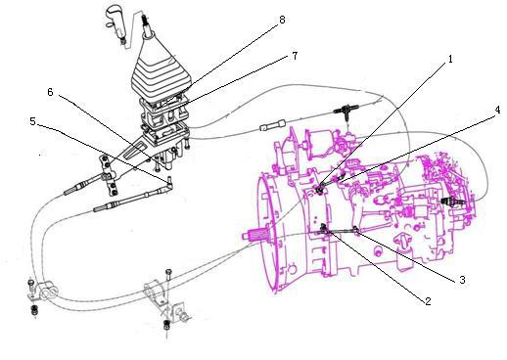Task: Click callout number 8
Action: pyautogui.click(x=282, y=20)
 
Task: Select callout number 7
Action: pyautogui.click(x=295, y=56)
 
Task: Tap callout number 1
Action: pyautogui.click(x=451, y=60)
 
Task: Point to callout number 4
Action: pyautogui.click(x=497, y=110)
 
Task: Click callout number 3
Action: pyautogui.click(x=462, y=280)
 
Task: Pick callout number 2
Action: pyautogui.click(x=428, y=301)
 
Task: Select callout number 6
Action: pyautogui.click(x=50, y=92)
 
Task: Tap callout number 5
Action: pyautogui.click(x=32, y=121)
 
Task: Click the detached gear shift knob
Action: pyautogui.click(x=116, y=23)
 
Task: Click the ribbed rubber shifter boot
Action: pyautogui.click(x=160, y=71)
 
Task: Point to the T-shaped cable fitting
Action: pyautogui.click(x=346, y=110)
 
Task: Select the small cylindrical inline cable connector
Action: pyautogui.click(x=272, y=125)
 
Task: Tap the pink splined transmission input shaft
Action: pyautogui.click(x=256, y=235)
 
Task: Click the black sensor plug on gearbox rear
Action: pyautogui.click(x=452, y=202)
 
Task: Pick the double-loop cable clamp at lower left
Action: pyautogui.click(x=46, y=292)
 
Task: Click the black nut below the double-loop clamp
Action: pyautogui.click(x=34, y=310)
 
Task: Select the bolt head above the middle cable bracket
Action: pyautogui.click(x=168, y=272)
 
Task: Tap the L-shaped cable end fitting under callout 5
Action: pyautogui.click(x=169, y=183)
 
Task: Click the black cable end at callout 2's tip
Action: pyautogui.click(x=324, y=229)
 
